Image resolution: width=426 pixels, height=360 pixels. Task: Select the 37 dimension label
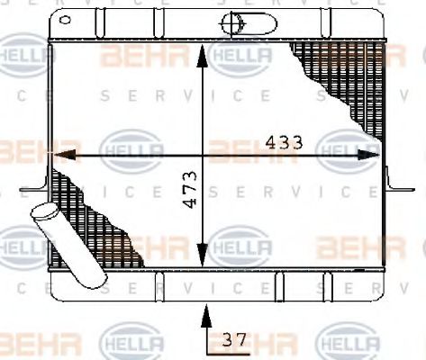(233, 340)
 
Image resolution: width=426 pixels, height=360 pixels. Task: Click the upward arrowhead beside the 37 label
(207, 315)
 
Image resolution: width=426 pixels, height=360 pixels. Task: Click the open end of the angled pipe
(42, 215)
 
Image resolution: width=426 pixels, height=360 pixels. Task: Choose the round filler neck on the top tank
(232, 20)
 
